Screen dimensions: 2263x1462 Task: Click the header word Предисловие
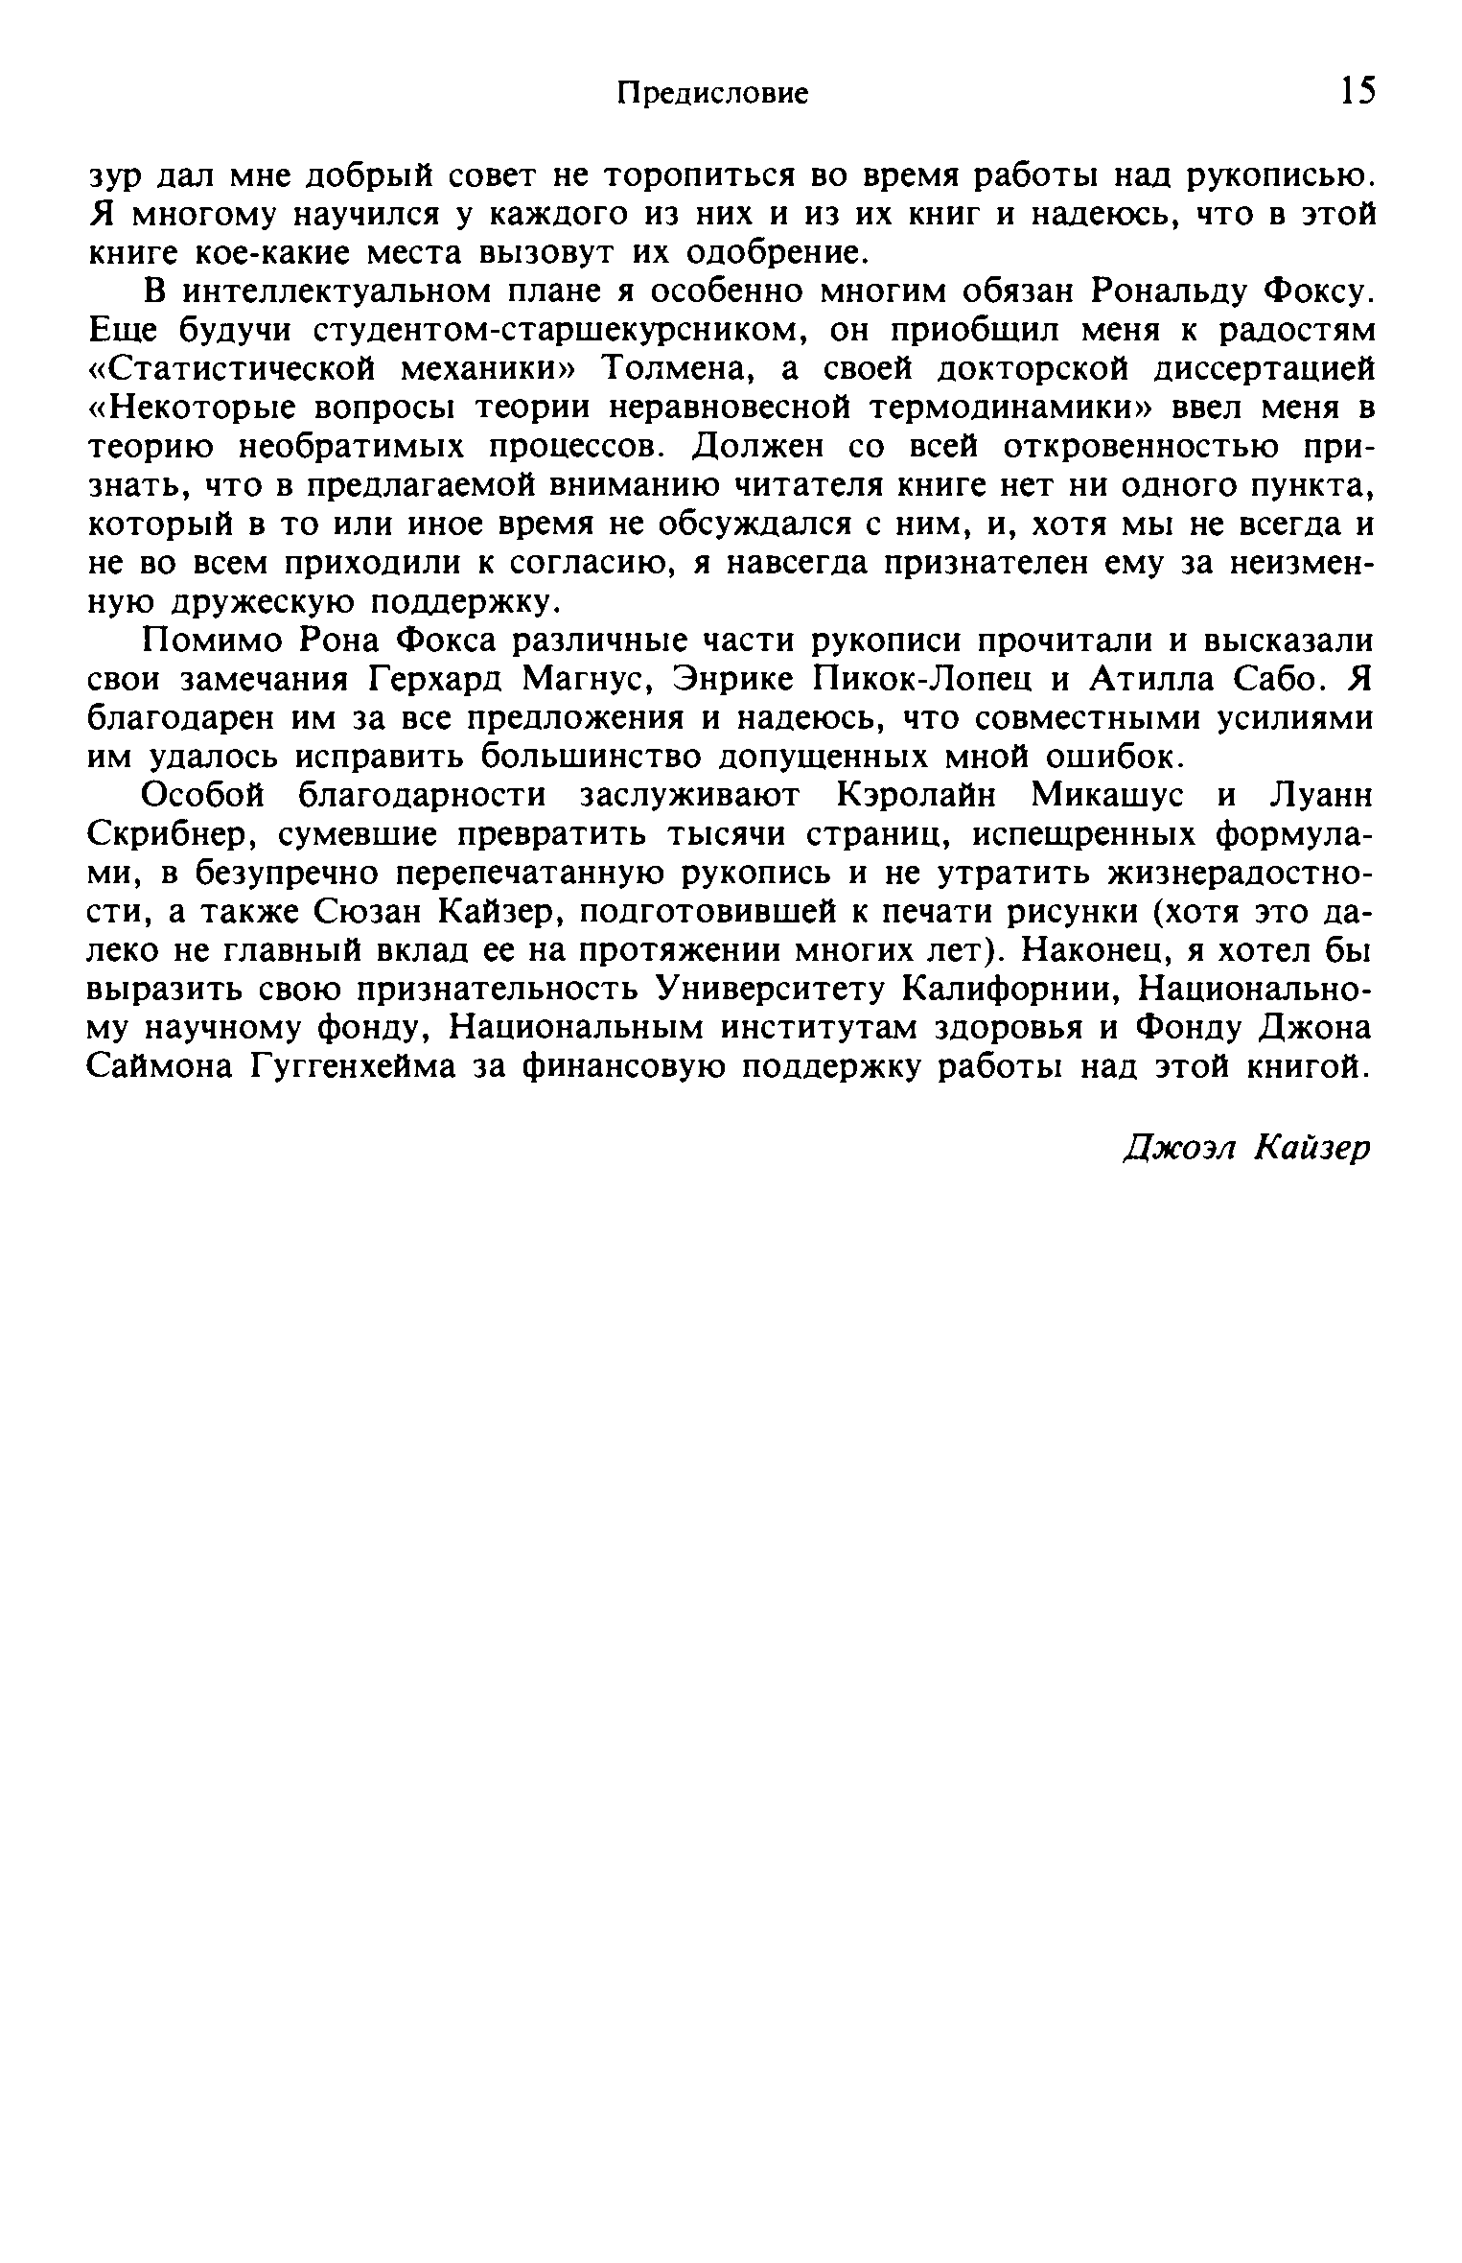[711, 93]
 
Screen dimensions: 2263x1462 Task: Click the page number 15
[1358, 91]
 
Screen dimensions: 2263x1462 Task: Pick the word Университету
[771, 988]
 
